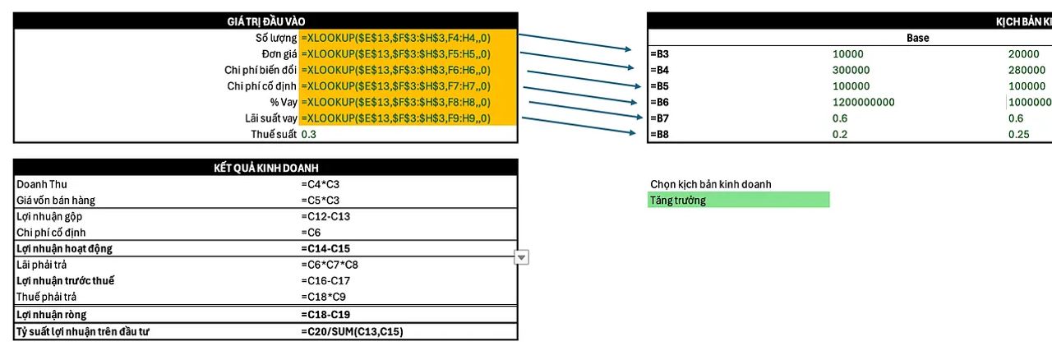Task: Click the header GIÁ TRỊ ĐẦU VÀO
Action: coord(265,21)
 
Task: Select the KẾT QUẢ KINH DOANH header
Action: coord(265,168)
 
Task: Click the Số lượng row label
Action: coord(275,38)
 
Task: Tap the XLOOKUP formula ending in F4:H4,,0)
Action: coord(396,38)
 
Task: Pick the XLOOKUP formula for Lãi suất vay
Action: coord(396,118)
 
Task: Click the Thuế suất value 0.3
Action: coord(309,134)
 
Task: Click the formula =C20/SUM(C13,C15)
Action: coord(352,331)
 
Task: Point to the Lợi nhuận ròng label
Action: coord(51,315)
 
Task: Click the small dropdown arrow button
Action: coord(521,257)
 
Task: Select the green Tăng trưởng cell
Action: coord(738,200)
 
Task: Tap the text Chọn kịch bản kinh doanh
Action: coord(711,184)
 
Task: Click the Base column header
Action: coord(917,38)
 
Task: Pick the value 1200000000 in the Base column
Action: coord(863,103)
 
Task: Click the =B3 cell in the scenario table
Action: coord(659,54)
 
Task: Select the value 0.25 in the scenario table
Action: coord(1019,135)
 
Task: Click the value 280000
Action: coord(1027,70)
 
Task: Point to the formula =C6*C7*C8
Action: coord(330,265)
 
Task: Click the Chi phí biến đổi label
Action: coord(261,70)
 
